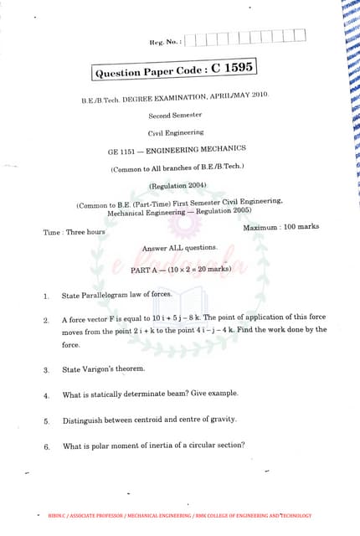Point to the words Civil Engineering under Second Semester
176,132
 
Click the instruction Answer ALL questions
180,248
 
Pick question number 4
46,395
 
